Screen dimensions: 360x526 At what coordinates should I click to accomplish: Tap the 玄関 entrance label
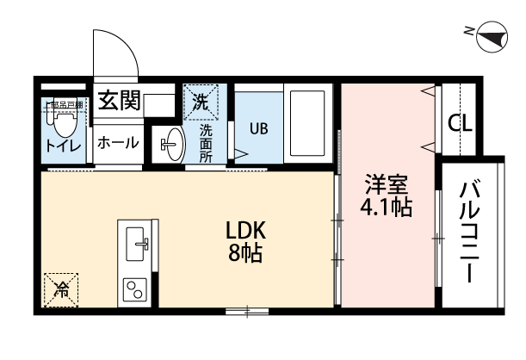[118, 102]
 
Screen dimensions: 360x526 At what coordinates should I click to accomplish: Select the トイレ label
[63, 146]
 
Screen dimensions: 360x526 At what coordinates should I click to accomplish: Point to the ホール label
[117, 143]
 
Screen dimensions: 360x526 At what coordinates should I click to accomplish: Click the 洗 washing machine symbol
[200, 102]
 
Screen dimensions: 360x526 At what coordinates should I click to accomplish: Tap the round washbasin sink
[171, 144]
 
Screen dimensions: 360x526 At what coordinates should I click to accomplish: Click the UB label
[258, 128]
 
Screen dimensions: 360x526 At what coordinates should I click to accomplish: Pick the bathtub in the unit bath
[307, 124]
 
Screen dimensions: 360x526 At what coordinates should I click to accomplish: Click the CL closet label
[460, 123]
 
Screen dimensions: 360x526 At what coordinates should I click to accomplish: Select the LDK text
[247, 231]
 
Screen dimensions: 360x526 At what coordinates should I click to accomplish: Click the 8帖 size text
[247, 254]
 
